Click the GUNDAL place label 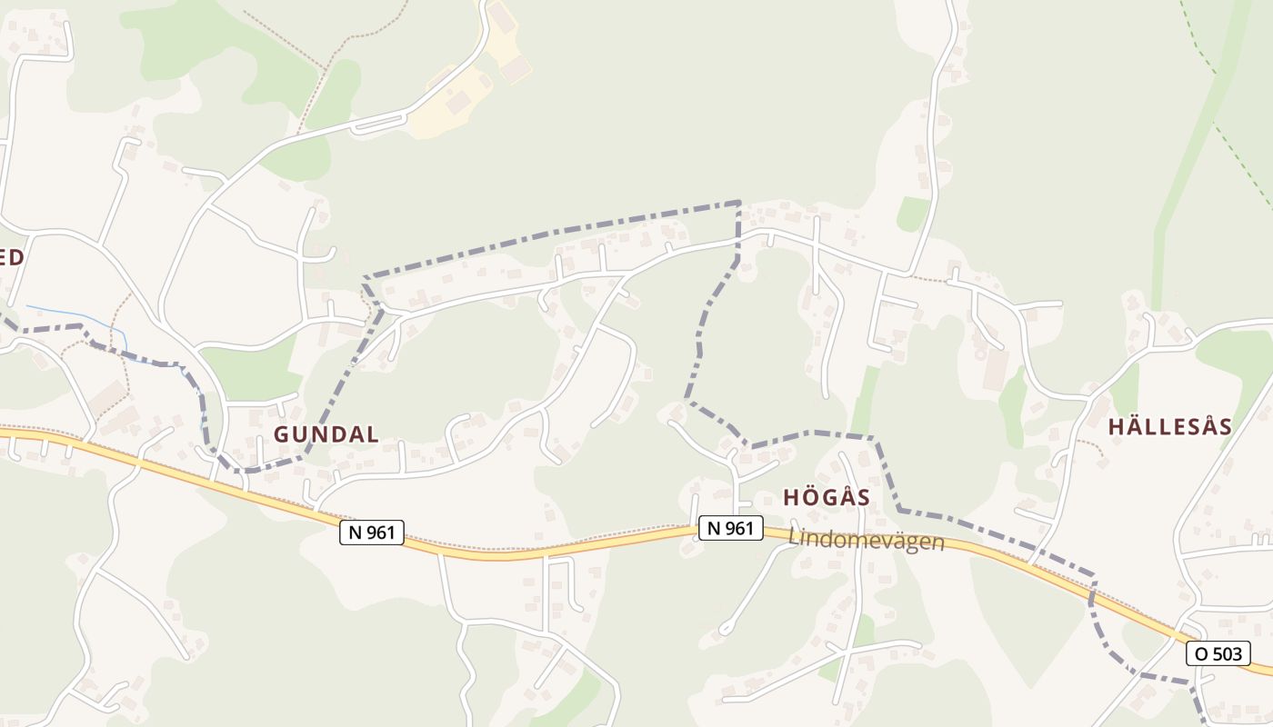tap(326, 434)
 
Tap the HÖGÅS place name tap(827, 497)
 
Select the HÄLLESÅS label tap(1170, 426)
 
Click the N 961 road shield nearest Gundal tap(372, 533)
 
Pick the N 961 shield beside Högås tap(731, 528)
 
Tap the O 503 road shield tap(1218, 652)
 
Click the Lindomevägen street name tap(867, 540)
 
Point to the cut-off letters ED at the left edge tap(11, 257)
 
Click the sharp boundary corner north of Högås tap(738, 203)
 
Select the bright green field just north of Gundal tap(250, 373)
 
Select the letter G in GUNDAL tap(282, 434)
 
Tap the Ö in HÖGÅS tap(811, 497)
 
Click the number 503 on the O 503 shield tap(1226, 652)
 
